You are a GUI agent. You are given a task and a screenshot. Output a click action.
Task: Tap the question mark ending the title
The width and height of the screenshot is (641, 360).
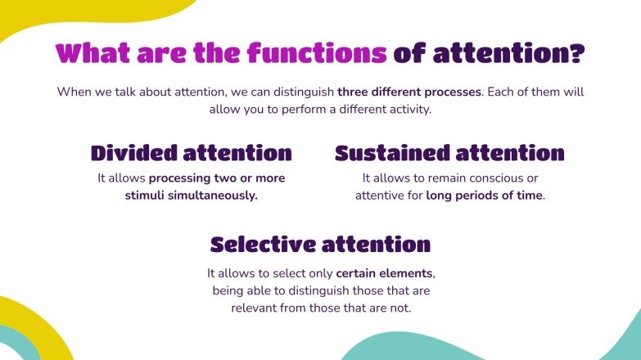(577, 54)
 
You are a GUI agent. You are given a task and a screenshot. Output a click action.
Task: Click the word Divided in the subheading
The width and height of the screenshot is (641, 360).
(132, 153)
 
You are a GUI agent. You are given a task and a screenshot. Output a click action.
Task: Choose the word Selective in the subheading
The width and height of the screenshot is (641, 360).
(260, 244)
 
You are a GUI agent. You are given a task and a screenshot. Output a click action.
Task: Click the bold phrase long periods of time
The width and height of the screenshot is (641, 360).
(484, 196)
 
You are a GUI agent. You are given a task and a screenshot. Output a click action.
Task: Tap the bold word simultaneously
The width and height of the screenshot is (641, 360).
(214, 196)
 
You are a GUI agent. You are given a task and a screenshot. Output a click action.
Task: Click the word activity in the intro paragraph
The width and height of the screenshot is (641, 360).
(407, 108)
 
